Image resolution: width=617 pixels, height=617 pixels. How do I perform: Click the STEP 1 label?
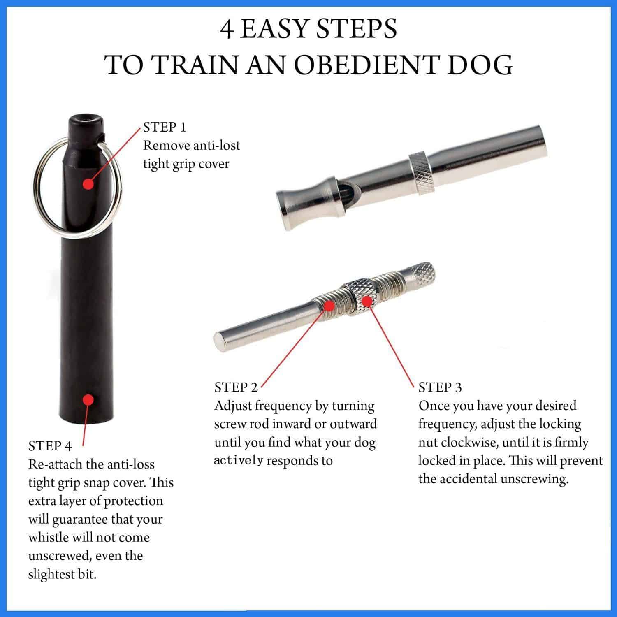coord(165,127)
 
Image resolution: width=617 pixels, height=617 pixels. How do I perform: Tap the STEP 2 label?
coord(236,387)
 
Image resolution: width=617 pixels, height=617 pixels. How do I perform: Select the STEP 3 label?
coord(440,387)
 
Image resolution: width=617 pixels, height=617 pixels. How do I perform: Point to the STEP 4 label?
coord(50,446)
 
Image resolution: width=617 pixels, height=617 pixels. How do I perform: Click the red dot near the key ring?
coord(87,183)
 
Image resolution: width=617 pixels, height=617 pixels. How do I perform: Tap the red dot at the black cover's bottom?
coord(87,399)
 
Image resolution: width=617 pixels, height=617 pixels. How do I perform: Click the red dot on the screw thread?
coord(329,306)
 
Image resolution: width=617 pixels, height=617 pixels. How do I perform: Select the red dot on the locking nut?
coord(366,302)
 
